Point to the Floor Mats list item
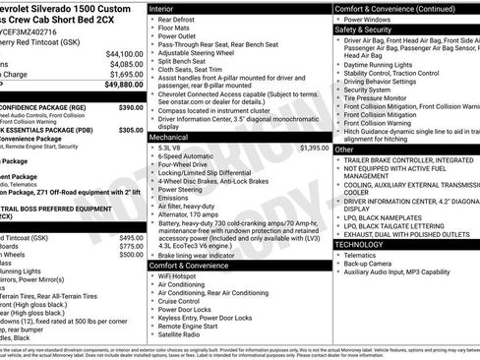tap(174, 30)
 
